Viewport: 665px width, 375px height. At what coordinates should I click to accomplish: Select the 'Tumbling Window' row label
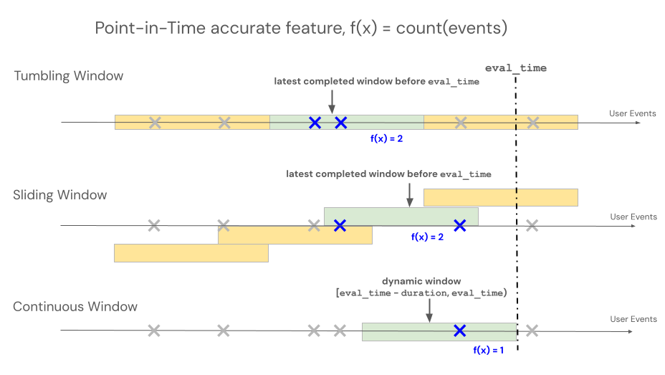[x=69, y=76]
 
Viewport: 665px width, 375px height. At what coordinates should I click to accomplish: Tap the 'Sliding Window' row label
[x=60, y=195]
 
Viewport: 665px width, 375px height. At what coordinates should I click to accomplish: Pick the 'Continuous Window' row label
[x=75, y=307]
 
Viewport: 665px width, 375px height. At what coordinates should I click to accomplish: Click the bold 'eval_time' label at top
[x=515, y=68]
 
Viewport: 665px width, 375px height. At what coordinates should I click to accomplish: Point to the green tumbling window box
[x=347, y=122]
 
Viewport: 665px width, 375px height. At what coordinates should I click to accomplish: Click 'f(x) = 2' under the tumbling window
[x=386, y=138]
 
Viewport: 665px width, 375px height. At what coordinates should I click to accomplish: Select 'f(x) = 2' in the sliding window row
[x=427, y=237]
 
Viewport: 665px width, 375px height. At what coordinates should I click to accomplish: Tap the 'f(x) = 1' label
[x=489, y=350]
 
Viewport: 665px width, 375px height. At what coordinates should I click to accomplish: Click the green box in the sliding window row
[x=401, y=216]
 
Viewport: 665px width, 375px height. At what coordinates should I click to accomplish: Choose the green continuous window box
[x=439, y=331]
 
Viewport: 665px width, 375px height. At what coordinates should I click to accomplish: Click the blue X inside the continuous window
[x=459, y=331]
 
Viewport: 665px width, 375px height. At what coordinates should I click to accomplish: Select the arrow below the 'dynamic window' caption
[x=429, y=309]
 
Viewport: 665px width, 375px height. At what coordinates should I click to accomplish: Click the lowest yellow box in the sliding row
[x=191, y=252]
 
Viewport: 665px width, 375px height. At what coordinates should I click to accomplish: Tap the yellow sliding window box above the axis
[x=501, y=197]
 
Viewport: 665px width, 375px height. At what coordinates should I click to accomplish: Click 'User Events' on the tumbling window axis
[x=632, y=113]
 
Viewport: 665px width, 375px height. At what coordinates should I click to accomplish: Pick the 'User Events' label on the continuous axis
[x=633, y=319]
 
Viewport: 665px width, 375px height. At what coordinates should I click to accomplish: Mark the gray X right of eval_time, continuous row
[x=532, y=331]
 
